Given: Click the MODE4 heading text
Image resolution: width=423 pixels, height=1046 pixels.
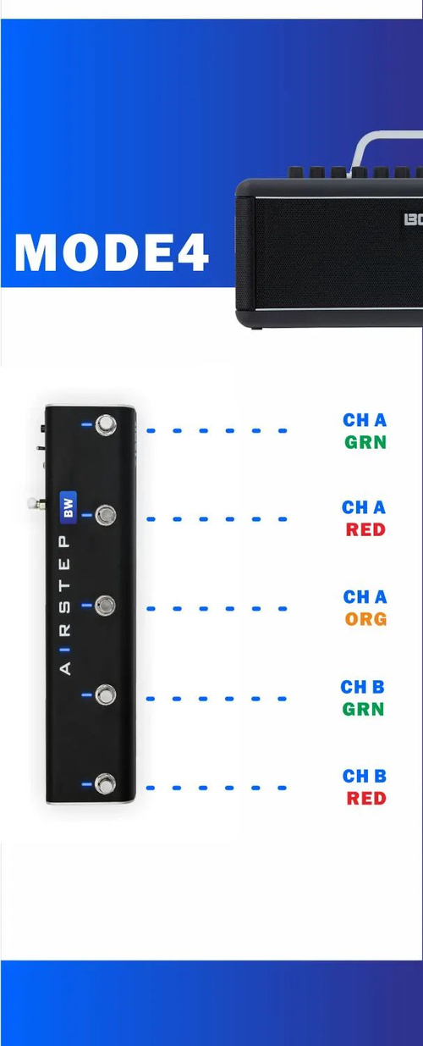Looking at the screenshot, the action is pyautogui.click(x=111, y=252).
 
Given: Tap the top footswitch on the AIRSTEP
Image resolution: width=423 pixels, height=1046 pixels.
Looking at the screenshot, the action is pyautogui.click(x=106, y=425).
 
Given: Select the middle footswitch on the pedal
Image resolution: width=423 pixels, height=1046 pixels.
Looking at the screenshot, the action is pyautogui.click(x=105, y=606).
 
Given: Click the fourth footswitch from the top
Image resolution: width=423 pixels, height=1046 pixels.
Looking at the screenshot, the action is pyautogui.click(x=105, y=695).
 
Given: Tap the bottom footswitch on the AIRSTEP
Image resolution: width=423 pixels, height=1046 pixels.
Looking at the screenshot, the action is pyautogui.click(x=105, y=784).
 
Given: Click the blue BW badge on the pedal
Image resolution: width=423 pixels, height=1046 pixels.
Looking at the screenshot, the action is pyautogui.click(x=68, y=507).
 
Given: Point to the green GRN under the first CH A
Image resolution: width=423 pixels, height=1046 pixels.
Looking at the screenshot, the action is pyautogui.click(x=365, y=442).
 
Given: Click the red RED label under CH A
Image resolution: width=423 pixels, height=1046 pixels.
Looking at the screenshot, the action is pyautogui.click(x=365, y=529).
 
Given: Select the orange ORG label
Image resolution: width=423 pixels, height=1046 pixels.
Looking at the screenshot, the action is pyautogui.click(x=366, y=619).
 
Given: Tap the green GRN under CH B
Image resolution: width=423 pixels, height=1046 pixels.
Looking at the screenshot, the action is pyautogui.click(x=363, y=709).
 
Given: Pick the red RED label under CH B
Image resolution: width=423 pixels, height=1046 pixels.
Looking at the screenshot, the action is pyautogui.click(x=366, y=798).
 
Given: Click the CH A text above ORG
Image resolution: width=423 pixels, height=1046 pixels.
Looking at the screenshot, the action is pyautogui.click(x=365, y=597).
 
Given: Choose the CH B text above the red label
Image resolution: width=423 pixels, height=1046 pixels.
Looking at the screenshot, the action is pyautogui.click(x=365, y=776).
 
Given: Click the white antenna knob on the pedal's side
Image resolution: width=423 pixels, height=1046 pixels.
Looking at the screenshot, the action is pyautogui.click(x=32, y=504).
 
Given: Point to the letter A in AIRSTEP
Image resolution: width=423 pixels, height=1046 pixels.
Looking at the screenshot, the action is pyautogui.click(x=65, y=668).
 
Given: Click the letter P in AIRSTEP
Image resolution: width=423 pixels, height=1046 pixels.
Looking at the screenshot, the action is pyautogui.click(x=65, y=542).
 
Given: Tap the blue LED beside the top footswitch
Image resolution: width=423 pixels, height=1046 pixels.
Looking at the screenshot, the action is pyautogui.click(x=86, y=424).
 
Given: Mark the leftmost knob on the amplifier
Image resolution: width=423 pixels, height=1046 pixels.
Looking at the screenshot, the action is pyautogui.click(x=295, y=172).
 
